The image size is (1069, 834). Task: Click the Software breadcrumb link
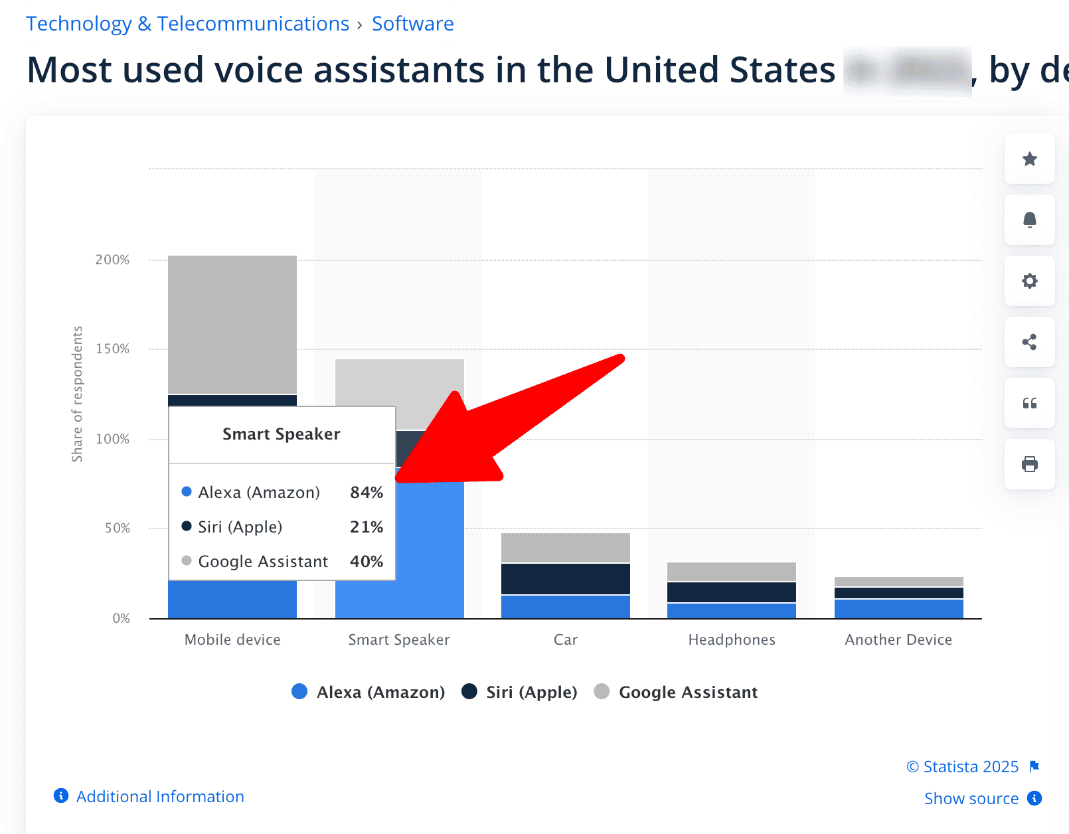point(412,24)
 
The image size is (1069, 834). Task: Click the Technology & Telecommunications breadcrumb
point(187,24)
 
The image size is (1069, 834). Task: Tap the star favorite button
point(1029,159)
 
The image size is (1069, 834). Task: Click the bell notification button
point(1029,220)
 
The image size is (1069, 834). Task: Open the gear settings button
point(1029,281)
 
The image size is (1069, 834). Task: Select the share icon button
point(1029,342)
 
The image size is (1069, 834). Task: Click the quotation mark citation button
point(1029,403)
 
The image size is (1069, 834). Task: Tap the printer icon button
point(1029,464)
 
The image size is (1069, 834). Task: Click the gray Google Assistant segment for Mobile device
point(232,324)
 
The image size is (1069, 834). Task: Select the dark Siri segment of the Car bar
point(565,578)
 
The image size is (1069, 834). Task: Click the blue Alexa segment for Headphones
point(731,610)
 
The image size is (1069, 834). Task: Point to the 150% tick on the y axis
point(112,349)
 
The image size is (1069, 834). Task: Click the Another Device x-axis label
point(898,639)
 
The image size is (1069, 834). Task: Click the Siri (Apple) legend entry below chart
point(520,692)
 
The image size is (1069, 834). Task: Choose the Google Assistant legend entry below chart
point(676,692)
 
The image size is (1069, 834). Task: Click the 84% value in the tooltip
point(367,493)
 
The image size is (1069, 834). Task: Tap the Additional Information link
point(159,796)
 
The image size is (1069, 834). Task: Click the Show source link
point(971,798)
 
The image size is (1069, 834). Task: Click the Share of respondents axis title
point(78,394)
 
